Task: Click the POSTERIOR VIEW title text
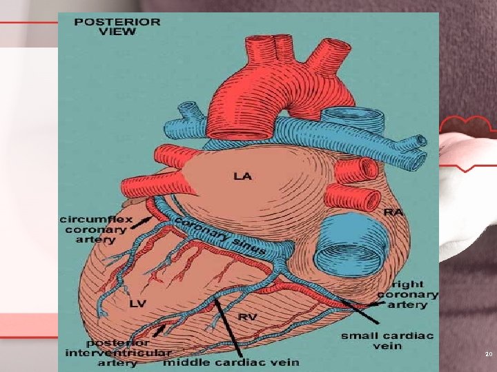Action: pyautogui.click(x=117, y=26)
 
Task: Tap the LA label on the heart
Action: pyautogui.click(x=243, y=176)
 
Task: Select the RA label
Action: pyautogui.click(x=393, y=213)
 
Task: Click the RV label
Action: pyautogui.click(x=248, y=317)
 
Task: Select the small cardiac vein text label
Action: pyautogui.click(x=387, y=340)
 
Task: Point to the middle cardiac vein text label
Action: pyautogui.click(x=231, y=362)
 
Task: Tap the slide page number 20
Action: pyautogui.click(x=489, y=354)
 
